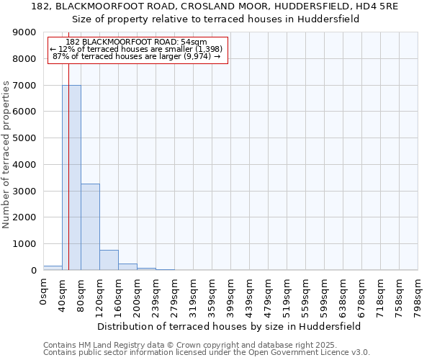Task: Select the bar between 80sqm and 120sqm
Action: point(90,227)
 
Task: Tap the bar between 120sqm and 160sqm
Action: point(109,260)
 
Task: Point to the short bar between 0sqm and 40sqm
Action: point(53,268)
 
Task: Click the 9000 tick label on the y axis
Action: point(24,32)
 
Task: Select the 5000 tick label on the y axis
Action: point(24,138)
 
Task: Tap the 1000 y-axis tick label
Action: point(24,244)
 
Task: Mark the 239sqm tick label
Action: point(156,293)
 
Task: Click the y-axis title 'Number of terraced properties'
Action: point(6,154)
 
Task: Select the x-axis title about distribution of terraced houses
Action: point(230,326)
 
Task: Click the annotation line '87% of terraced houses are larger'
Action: point(137,57)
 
